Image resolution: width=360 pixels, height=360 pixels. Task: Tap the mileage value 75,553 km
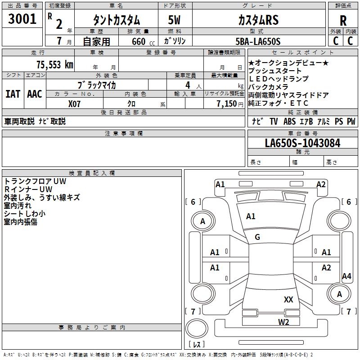pyautogui.click(x=54, y=64)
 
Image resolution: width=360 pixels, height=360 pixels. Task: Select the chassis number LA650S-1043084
pyautogui.click(x=302, y=143)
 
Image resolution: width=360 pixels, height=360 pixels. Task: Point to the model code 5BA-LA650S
pyautogui.click(x=258, y=41)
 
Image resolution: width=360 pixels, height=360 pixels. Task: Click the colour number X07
pyautogui.click(x=75, y=103)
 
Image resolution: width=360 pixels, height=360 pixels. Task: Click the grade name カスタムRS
pyautogui.click(x=258, y=20)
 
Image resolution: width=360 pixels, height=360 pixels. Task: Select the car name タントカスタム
pyautogui.click(x=116, y=20)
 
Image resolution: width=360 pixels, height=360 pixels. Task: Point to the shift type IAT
pyautogui.click(x=13, y=94)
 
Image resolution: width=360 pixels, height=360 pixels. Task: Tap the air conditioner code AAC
pyautogui.click(x=34, y=94)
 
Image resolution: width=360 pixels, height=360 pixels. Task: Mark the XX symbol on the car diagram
pyautogui.click(x=288, y=299)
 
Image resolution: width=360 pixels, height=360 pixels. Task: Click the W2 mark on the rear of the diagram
pyautogui.click(x=283, y=321)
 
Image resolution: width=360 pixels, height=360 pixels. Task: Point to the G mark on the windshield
pyautogui.click(x=257, y=237)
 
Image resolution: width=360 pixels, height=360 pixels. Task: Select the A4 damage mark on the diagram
pyautogui.click(x=346, y=276)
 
